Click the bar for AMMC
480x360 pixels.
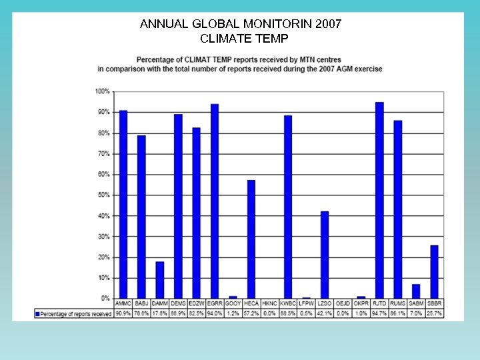point(123,204)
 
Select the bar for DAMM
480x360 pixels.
point(160,280)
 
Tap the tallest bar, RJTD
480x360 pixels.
point(379,200)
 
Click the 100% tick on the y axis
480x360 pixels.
point(103,91)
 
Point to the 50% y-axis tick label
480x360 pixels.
point(104,195)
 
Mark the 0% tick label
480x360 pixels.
point(105,299)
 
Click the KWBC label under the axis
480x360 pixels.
point(288,304)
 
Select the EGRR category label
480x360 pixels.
point(215,304)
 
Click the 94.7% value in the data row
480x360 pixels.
point(379,313)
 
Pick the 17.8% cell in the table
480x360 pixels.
point(160,313)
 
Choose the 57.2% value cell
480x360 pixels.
point(251,313)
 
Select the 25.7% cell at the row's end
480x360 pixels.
point(434,313)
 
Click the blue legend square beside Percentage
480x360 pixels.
point(38,313)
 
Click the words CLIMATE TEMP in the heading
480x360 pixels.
point(241,39)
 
